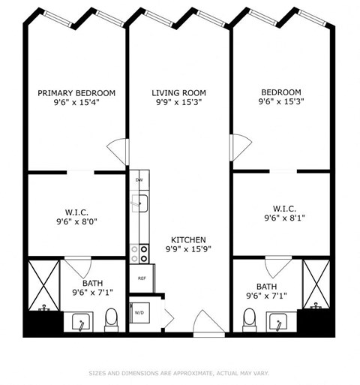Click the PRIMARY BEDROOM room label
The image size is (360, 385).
76,93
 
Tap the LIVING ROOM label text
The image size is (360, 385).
178,93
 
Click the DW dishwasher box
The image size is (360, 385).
139,181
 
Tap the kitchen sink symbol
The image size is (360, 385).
139,202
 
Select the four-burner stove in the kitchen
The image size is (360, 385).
139,253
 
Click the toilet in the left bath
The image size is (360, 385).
112,320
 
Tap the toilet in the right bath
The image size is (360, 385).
249,320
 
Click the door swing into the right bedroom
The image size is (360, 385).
240,147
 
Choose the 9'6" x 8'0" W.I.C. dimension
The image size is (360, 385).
76,222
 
